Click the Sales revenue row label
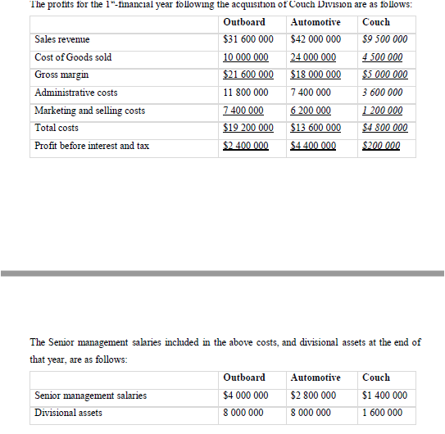62,39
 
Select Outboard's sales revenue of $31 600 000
247,39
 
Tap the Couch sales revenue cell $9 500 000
384,39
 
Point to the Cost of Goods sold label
73,57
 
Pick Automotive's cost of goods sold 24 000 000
313,57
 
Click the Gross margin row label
62,75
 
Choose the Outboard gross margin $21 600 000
247,75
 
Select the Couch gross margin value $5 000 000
384,75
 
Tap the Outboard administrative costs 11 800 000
247,93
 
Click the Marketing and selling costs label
90,111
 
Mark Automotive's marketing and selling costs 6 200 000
313,111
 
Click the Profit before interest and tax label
92,146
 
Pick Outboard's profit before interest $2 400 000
246,146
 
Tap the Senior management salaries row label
91,396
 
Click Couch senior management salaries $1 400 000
384,396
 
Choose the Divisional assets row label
69,413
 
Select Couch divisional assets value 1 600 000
384,413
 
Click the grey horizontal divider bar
222,272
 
